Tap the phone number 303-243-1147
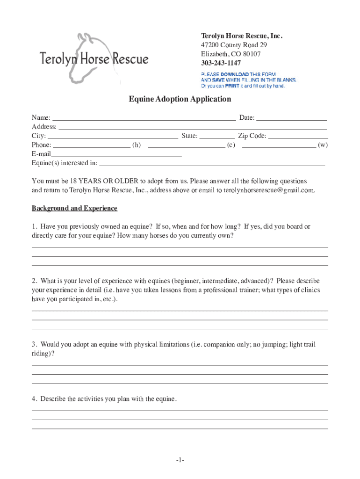(221, 63)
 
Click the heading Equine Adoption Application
(180, 99)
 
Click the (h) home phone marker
(137, 145)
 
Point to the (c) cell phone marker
(231, 145)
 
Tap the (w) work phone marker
(323, 145)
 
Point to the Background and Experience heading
(74, 208)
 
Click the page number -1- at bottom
(180, 461)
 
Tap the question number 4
(34, 399)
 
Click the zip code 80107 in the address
(252, 54)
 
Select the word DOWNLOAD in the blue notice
(235, 74)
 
